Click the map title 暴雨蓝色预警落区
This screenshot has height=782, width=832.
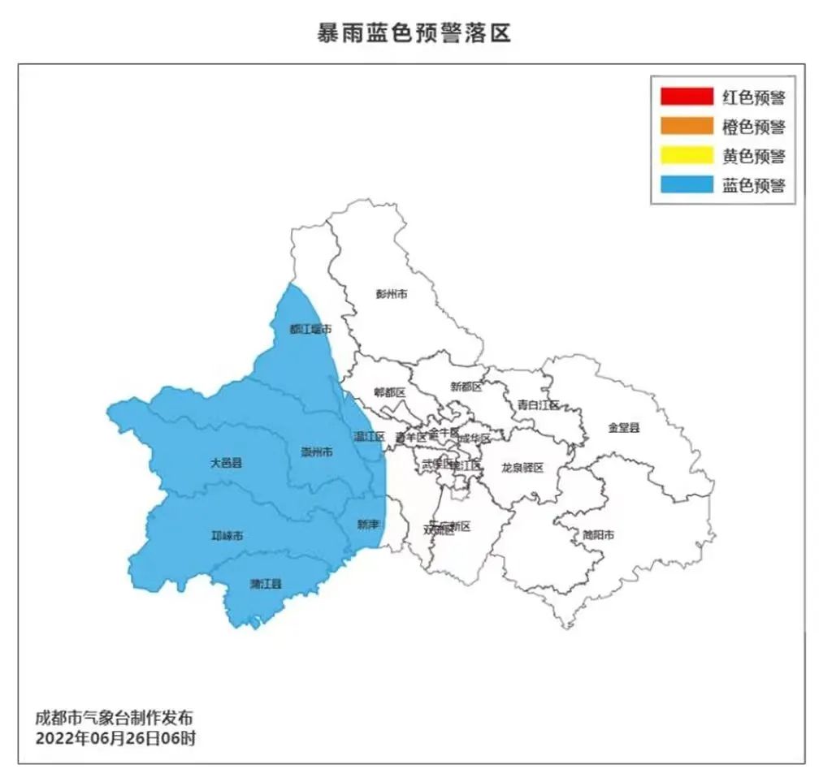414,32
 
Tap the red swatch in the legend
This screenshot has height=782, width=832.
686,97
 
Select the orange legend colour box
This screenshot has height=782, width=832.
686,127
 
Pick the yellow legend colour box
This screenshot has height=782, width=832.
686,156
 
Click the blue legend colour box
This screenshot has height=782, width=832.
686,185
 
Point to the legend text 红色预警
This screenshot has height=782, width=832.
753,97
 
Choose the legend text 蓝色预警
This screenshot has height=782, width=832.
753,185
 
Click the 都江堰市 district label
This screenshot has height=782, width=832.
310,329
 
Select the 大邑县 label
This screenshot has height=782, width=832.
227,463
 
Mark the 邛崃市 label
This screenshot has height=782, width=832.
227,535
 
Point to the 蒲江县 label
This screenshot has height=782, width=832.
265,584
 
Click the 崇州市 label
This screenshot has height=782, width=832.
316,451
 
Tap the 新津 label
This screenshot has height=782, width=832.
368,525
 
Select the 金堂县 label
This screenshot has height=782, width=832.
624,427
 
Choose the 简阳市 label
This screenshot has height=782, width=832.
597,534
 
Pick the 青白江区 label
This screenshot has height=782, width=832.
539,404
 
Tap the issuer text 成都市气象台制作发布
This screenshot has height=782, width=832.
115,719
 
